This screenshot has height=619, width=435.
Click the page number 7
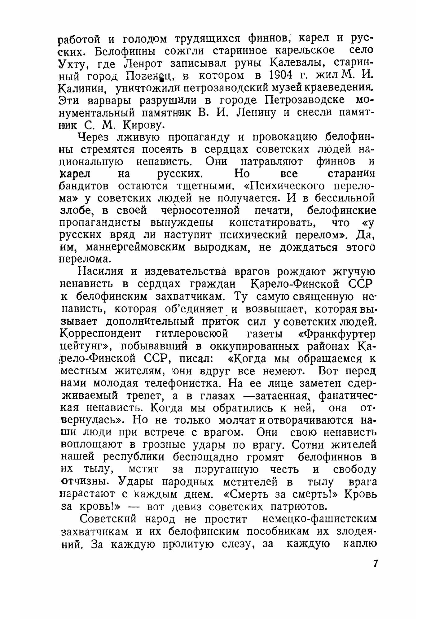(375, 563)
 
